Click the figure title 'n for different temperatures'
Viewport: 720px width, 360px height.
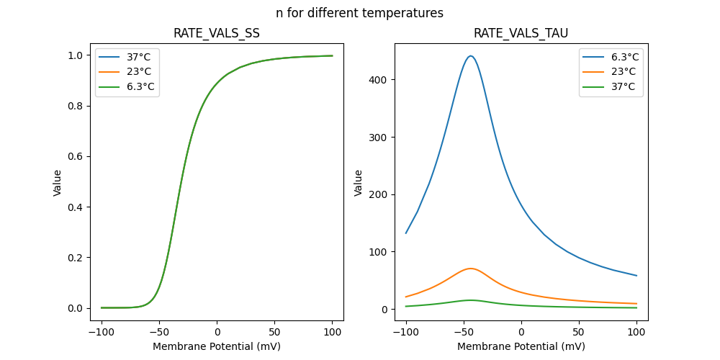[359, 13]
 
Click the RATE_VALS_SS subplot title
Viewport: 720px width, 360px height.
[217, 33]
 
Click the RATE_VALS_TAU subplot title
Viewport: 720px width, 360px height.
[521, 33]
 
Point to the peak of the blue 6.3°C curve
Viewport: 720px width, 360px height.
[470, 56]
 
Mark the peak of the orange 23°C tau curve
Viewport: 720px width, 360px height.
[470, 269]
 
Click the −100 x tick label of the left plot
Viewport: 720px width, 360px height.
[101, 332]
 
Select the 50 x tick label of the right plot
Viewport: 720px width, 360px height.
[578, 332]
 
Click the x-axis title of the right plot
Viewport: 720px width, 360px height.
[521, 346]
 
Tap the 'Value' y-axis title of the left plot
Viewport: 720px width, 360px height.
[58, 183]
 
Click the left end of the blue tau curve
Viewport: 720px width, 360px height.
[406, 233]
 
